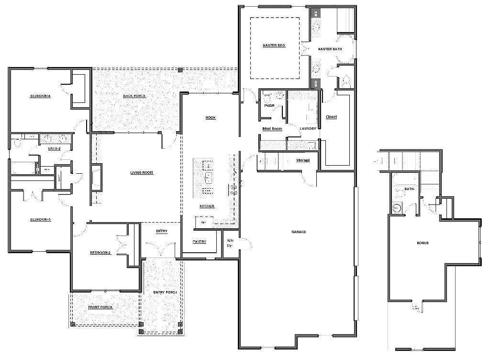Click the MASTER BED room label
tap(274, 45)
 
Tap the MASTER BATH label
tap(329, 49)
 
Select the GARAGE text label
tap(299, 232)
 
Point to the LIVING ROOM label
tap(142, 173)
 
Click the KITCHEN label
tap(207, 206)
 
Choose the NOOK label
tap(210, 118)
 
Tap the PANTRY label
tap(199, 242)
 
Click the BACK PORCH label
tap(134, 96)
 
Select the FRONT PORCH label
tap(101, 307)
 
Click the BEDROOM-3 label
tap(41, 220)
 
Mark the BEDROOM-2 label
tap(100, 253)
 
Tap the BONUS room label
tap(423, 243)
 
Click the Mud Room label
tap(272, 129)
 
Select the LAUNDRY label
tap(308, 129)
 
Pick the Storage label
tap(303, 160)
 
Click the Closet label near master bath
tap(331, 117)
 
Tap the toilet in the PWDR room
tap(267, 96)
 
